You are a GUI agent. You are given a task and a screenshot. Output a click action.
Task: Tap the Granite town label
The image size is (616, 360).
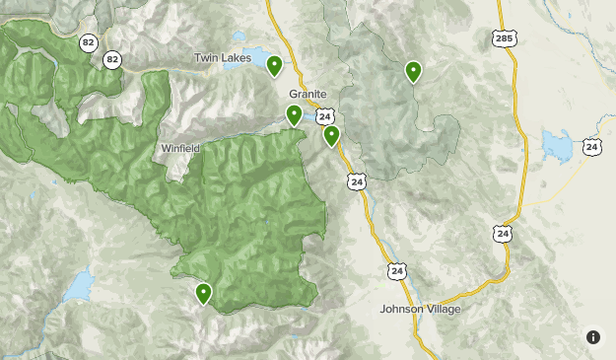[308, 94]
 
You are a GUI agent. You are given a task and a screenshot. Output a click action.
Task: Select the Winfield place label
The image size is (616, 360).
[180, 149]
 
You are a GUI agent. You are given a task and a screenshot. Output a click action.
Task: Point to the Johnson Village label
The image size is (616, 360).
[421, 309]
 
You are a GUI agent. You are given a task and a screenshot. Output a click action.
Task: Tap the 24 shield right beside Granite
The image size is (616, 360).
[325, 116]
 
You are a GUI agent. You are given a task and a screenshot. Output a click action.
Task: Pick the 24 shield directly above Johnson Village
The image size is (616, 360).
[396, 270]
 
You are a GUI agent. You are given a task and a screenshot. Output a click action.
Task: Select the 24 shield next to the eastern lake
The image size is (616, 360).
[591, 146]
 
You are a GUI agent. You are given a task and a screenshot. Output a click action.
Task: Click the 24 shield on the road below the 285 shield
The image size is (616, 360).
[503, 234]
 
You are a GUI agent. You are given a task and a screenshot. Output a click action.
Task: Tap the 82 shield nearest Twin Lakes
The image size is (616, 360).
[112, 60]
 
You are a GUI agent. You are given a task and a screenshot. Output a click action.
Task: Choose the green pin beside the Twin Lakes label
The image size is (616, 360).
[274, 66]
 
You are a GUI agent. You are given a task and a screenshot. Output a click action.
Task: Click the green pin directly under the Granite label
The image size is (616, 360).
[294, 115]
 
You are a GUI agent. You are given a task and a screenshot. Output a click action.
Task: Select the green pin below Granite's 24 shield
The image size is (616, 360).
[332, 136]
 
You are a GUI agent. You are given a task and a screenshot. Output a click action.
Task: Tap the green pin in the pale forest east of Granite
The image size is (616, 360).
[413, 71]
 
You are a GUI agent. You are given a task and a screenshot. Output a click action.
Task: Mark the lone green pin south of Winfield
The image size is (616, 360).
[204, 293]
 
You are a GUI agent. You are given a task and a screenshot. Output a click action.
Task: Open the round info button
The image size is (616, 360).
[593, 337]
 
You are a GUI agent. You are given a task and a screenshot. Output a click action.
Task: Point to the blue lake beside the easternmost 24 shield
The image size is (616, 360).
[557, 148]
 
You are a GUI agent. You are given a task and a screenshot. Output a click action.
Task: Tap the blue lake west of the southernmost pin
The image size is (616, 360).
[78, 287]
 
